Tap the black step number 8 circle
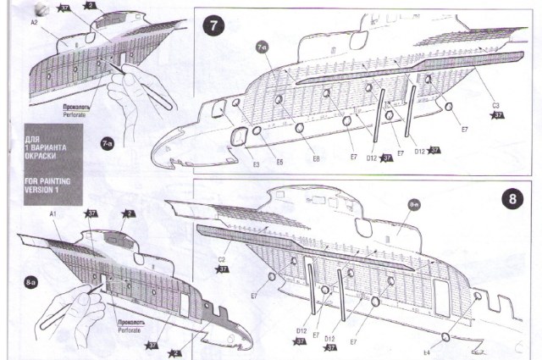click(513, 201)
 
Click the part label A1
click(53, 216)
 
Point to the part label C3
click(496, 104)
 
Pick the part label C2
click(222, 260)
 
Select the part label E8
click(314, 158)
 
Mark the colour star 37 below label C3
click(498, 114)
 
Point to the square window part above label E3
click(240, 134)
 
